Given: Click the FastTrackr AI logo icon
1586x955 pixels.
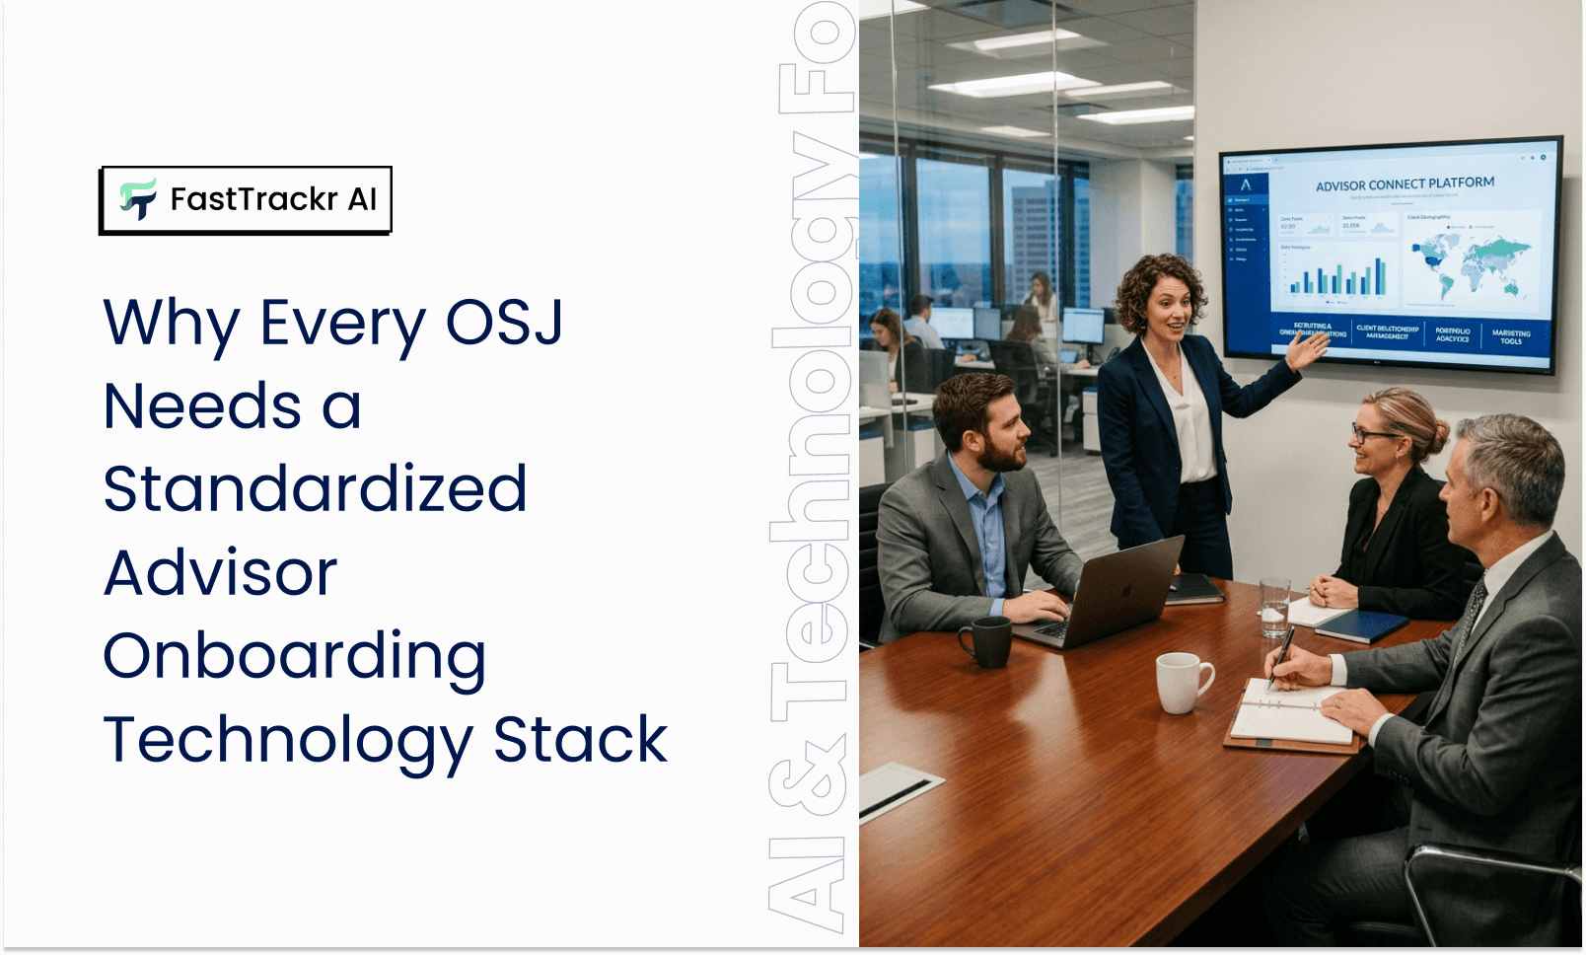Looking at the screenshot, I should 138,199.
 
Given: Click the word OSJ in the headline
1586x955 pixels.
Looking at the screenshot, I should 504,323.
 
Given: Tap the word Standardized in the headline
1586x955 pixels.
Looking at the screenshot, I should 315,489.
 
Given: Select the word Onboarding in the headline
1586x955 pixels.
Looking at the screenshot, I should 295,657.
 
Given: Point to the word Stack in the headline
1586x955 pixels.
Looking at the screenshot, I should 580,740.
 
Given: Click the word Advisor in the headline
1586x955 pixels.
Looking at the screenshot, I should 221,573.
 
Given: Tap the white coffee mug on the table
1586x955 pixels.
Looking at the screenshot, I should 1181,681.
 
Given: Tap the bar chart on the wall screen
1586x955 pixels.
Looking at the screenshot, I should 1337,275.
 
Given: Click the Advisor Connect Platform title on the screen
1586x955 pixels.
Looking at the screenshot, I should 1405,184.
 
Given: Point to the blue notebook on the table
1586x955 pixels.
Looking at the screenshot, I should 1361,624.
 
